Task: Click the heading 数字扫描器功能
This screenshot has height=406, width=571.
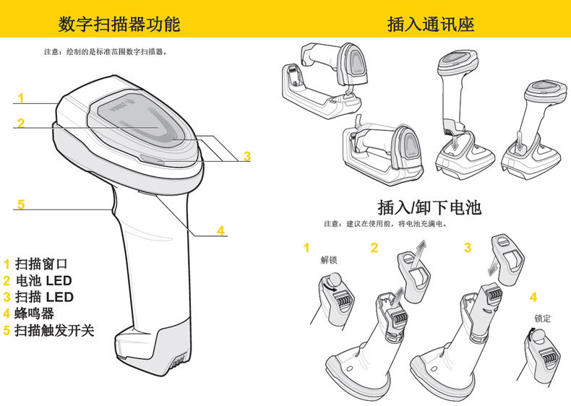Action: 119,25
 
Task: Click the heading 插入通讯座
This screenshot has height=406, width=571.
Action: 431,25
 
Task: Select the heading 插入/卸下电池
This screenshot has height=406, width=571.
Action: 429,208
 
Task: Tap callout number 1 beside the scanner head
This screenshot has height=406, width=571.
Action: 21,98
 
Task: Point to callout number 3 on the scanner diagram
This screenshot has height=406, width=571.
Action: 246,155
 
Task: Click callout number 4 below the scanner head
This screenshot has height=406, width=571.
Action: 221,230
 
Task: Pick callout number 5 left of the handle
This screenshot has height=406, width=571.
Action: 21,204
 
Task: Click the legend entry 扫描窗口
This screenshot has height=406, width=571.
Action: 40,265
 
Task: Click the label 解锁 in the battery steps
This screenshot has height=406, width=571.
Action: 329,260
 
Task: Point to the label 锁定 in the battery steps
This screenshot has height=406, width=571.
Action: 542,318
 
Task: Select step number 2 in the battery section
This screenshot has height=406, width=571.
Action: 374,249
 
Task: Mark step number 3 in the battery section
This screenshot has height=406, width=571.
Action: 468,248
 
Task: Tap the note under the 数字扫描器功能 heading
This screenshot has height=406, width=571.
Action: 106,52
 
